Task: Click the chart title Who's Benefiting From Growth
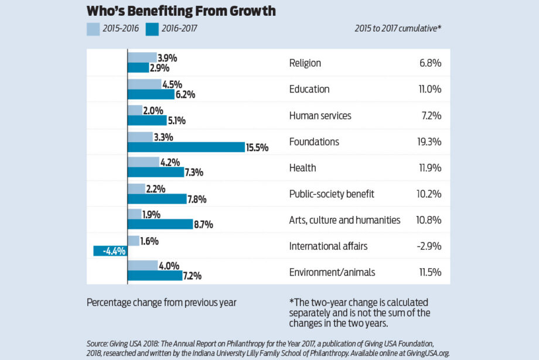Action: (181, 11)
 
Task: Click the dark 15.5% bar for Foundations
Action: (186, 148)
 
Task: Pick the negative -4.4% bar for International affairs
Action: (111, 252)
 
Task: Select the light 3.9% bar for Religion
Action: (142, 57)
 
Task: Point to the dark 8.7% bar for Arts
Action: (160, 224)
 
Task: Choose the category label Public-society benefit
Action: (332, 194)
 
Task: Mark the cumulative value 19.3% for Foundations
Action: (429, 142)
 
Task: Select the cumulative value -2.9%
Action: (429, 246)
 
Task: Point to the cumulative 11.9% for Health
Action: (429, 168)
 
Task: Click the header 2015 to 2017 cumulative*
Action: (398, 29)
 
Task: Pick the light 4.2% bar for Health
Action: (143, 162)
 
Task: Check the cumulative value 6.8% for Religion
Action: (431, 63)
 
